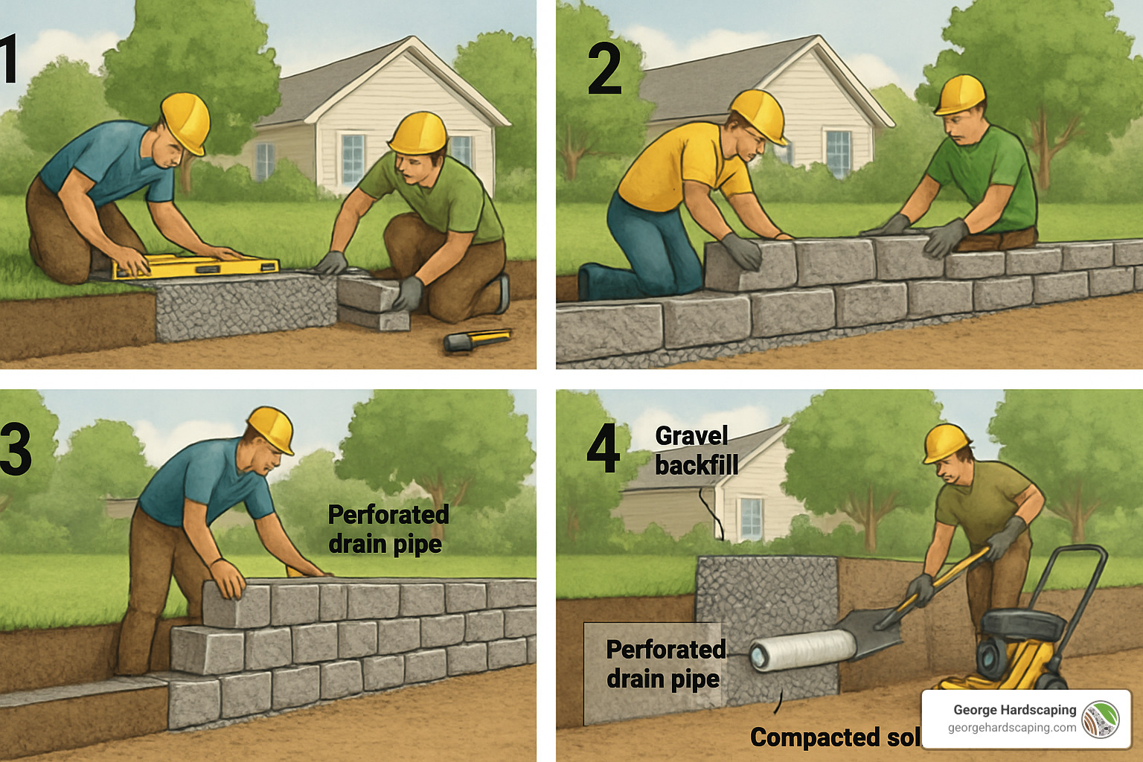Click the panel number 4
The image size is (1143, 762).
coord(603,449)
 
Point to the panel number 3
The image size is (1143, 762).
coord(16,449)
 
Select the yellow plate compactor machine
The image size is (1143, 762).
coord(1019,640)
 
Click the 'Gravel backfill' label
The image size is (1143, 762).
coord(696,450)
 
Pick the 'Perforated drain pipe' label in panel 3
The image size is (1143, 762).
coord(388,529)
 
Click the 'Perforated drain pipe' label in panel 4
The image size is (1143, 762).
coord(665,664)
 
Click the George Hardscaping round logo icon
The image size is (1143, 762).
coord(1100,719)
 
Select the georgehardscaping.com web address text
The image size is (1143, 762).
coord(1011,728)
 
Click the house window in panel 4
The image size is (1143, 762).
coord(751,518)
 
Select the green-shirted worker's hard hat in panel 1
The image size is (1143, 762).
coord(418,132)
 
